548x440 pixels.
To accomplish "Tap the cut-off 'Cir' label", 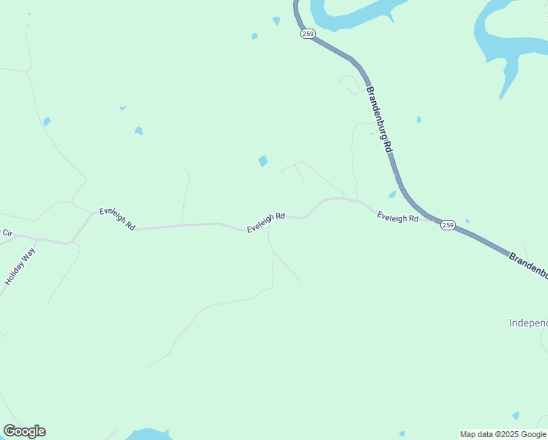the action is click(7, 232).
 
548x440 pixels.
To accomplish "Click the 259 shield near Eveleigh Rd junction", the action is click(448, 225).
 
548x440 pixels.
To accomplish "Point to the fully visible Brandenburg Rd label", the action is click(379, 118).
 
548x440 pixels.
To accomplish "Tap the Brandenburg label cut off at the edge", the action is click(527, 264).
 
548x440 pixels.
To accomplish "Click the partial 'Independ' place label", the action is click(528, 323).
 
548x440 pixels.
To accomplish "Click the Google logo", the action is click(24, 431).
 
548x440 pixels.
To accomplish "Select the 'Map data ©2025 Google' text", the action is click(503, 434).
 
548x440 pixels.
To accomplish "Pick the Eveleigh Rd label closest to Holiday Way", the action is click(117, 219).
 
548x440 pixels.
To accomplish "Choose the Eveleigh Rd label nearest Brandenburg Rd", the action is click(398, 217).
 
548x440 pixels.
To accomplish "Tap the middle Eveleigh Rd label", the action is click(265, 223).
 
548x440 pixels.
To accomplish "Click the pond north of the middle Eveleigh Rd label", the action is click(262, 161).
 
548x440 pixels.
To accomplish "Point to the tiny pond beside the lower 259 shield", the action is click(467, 221).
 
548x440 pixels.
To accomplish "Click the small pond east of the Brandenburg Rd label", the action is click(418, 119).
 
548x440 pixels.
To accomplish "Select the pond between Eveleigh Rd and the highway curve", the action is click(392, 194).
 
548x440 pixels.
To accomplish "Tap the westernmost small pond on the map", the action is click(47, 121).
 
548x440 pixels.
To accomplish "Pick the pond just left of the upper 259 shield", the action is click(276, 21).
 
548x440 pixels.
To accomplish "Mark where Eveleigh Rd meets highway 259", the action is click(435, 220).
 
